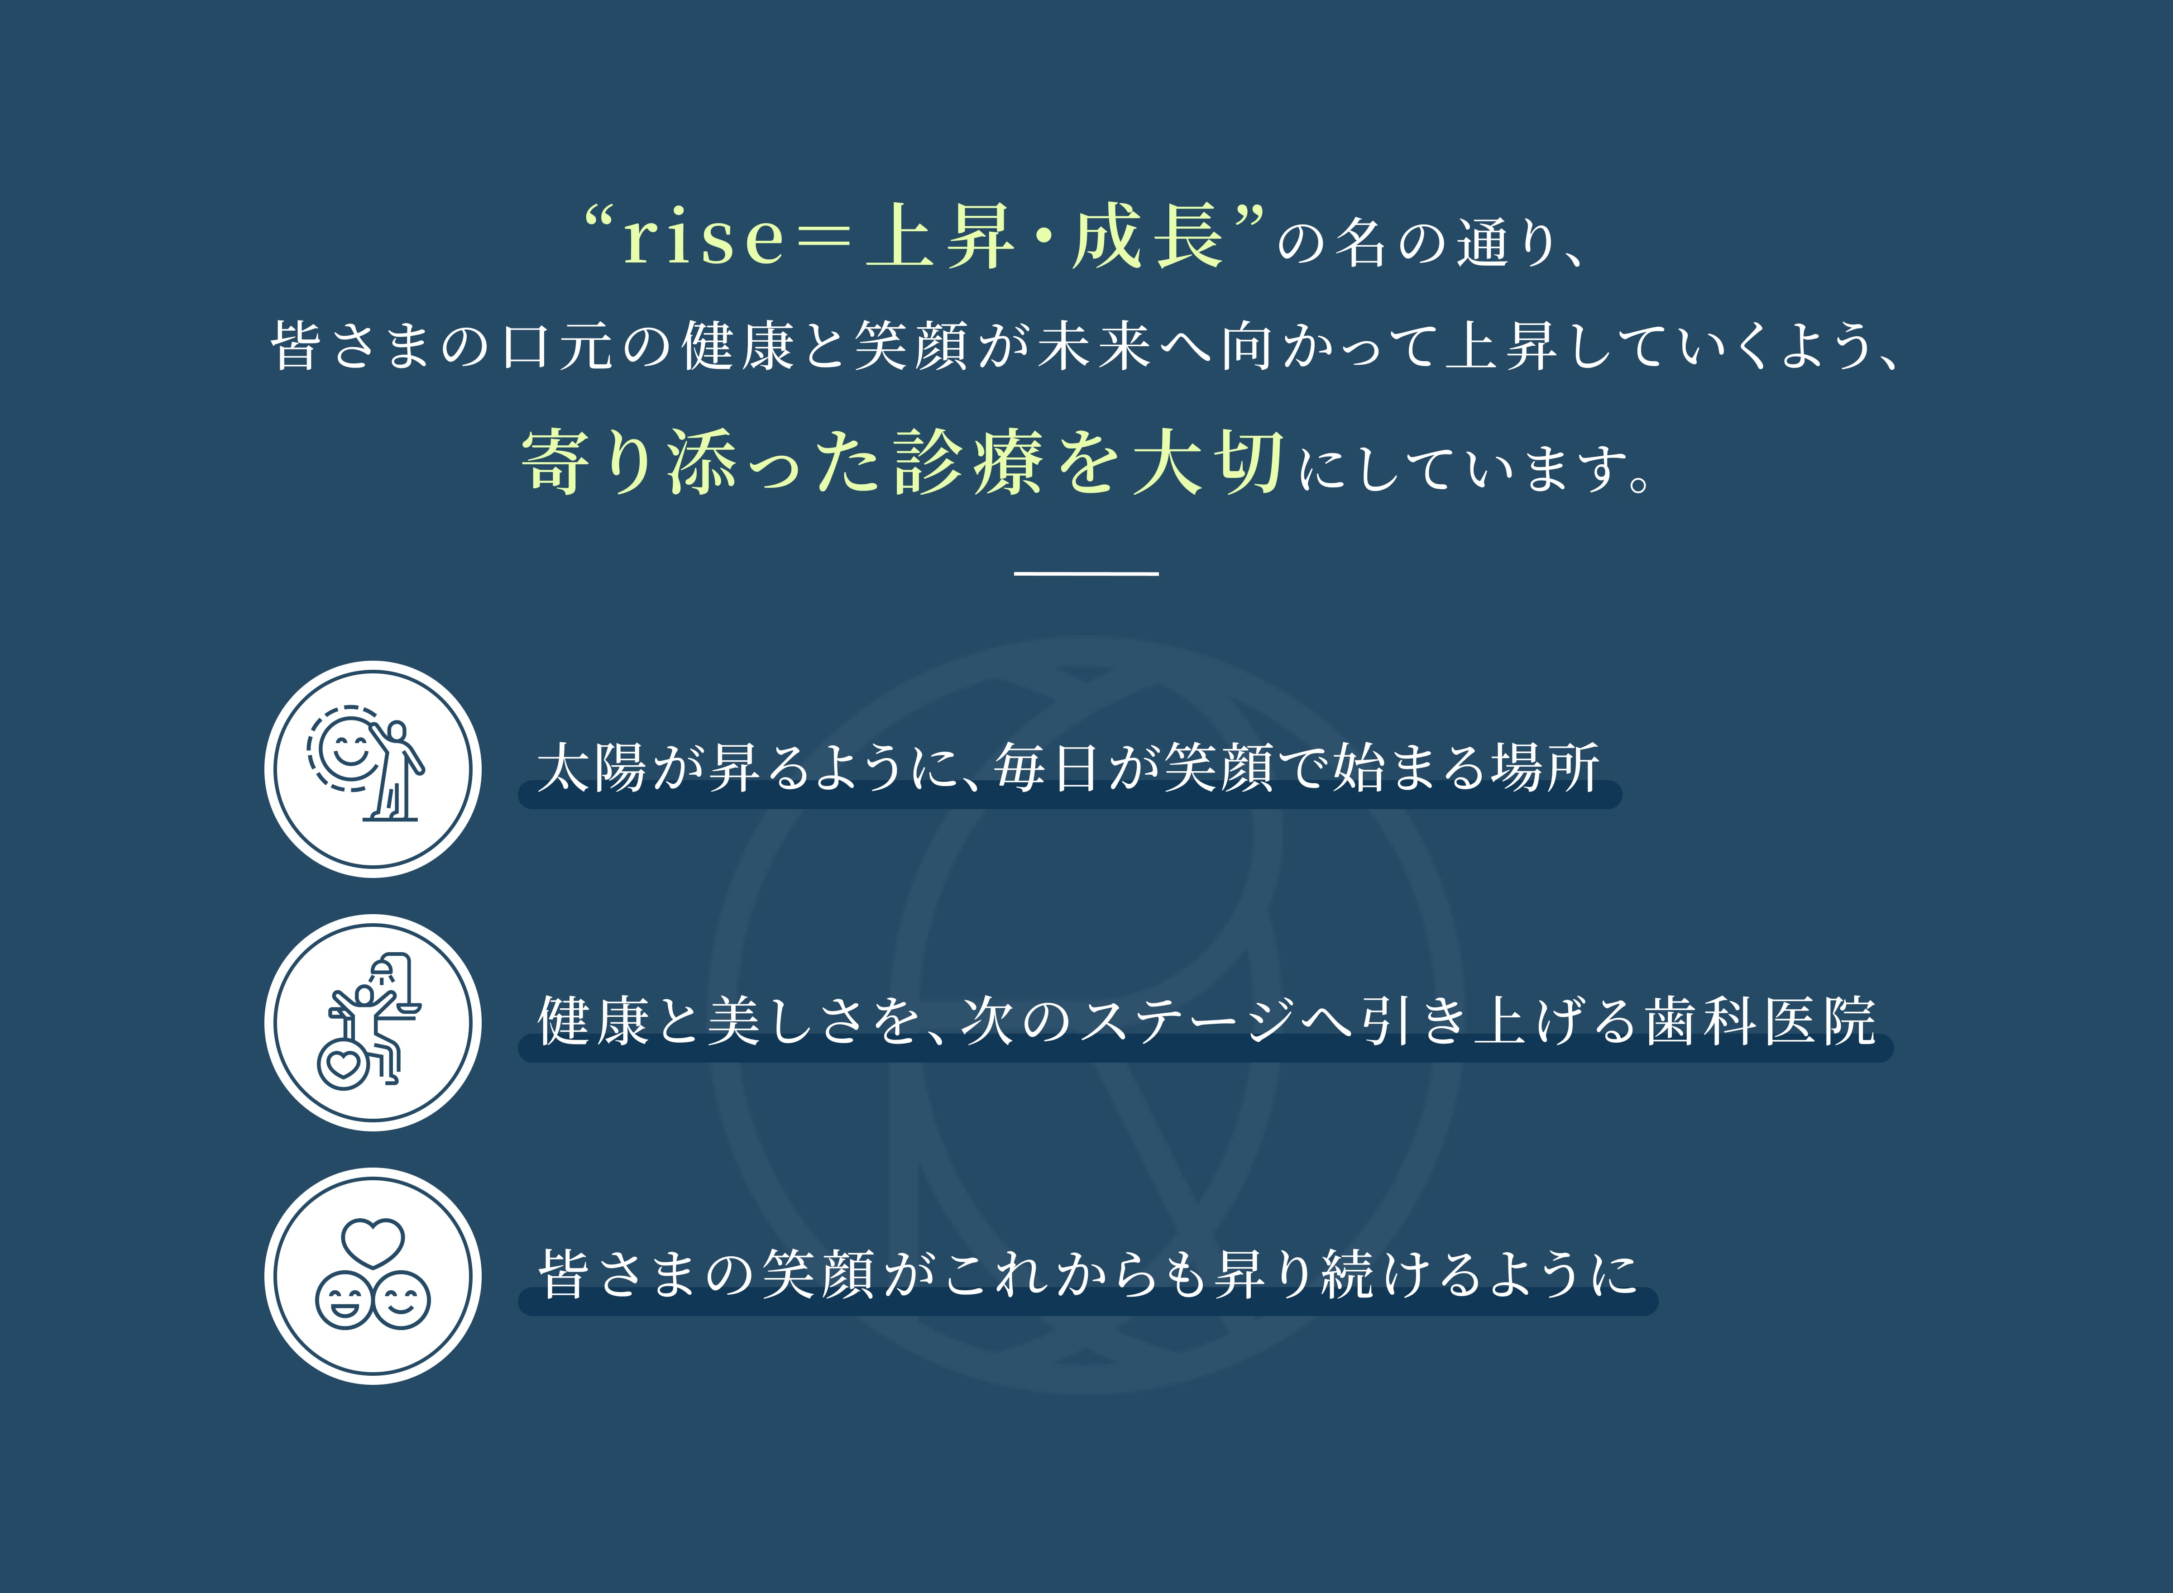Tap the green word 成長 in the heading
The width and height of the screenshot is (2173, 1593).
click(1148, 236)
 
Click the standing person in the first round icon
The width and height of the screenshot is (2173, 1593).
click(396, 772)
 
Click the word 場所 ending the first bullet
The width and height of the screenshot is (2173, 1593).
click(1545, 768)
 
